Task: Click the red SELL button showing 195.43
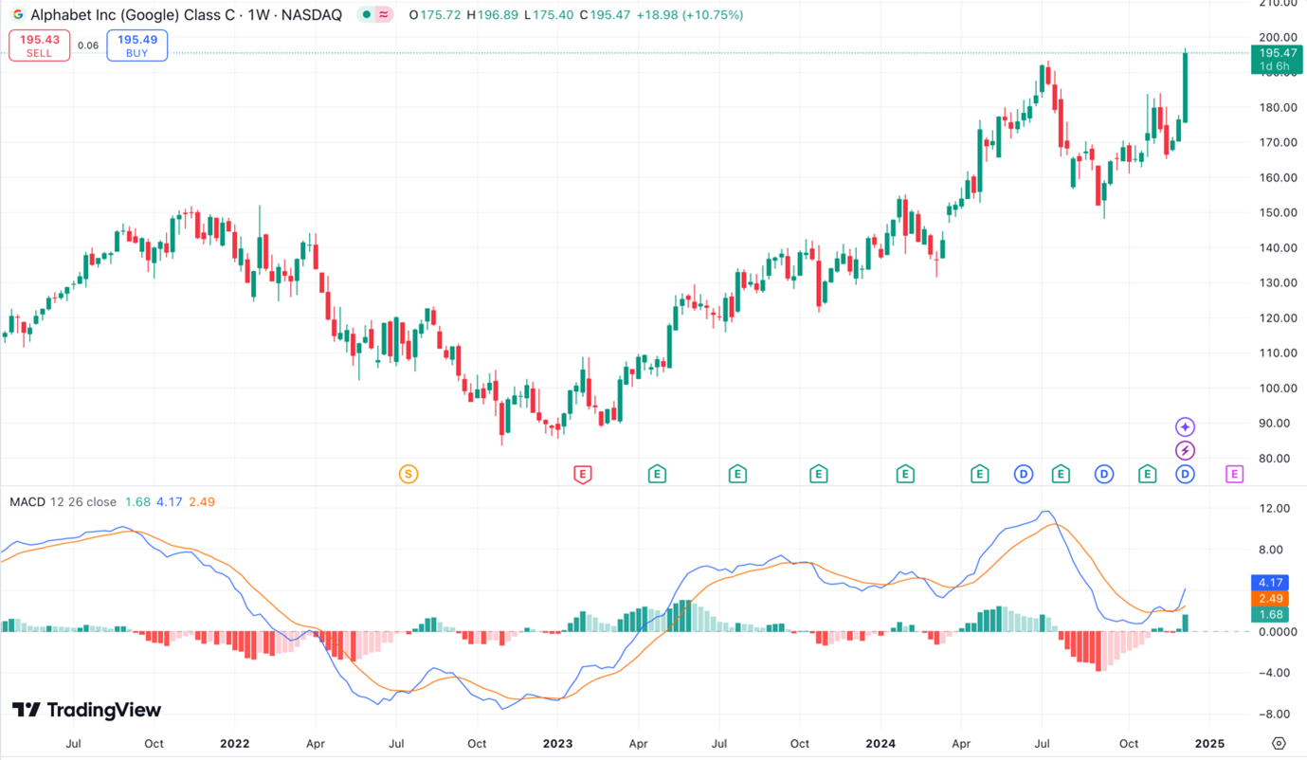(39, 45)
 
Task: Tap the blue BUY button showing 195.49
(137, 45)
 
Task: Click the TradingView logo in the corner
(86, 710)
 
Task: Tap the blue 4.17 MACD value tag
(1270, 583)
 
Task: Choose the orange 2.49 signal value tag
(1270, 599)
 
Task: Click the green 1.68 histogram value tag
(1270, 615)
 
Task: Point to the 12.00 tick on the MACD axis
(1275, 509)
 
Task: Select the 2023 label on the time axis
(557, 744)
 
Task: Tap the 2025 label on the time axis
(1208, 744)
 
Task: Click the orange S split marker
(408, 474)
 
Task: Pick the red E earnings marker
(583, 474)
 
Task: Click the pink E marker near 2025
(1234, 474)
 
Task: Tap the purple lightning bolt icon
(1185, 450)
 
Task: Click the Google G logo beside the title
(17, 15)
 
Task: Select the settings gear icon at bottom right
(1279, 743)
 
